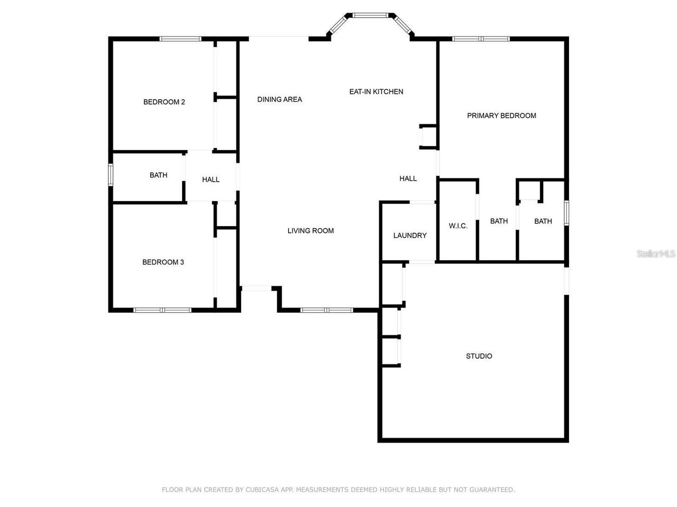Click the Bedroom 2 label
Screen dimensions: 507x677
point(164,102)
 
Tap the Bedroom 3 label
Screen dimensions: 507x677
point(163,262)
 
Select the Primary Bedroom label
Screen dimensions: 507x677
point(501,116)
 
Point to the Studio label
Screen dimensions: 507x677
point(479,356)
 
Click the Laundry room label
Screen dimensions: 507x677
point(409,236)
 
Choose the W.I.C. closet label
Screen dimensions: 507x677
point(458,226)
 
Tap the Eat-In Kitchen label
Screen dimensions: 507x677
point(376,91)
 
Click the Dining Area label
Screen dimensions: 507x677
point(279,99)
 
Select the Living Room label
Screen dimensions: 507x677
point(310,231)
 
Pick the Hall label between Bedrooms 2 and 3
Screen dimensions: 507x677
point(211,180)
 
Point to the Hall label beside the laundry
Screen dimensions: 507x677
point(408,179)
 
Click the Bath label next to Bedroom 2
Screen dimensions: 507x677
point(158,175)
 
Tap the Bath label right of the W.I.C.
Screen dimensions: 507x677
point(499,221)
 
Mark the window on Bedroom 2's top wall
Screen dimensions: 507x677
point(180,39)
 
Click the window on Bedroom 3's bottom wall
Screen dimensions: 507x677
point(162,310)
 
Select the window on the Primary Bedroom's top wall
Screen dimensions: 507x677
point(481,39)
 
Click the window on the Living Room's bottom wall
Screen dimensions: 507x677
point(326,310)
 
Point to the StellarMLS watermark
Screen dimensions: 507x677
point(656,254)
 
